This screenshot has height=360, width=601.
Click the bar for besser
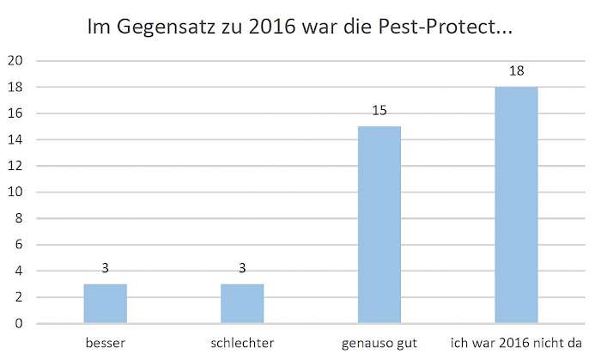(106, 303)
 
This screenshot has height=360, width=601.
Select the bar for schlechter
(242, 303)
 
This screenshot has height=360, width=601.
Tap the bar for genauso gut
(379, 225)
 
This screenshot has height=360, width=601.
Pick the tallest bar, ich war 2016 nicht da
(516, 205)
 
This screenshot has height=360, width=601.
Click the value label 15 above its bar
(379, 112)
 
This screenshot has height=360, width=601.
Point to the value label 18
(516, 71)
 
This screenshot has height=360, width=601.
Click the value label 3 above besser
(106, 269)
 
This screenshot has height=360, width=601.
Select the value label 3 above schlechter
(242, 269)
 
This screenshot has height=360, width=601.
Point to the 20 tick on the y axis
(15, 61)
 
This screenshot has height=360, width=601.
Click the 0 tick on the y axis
(19, 324)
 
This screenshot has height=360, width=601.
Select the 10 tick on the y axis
(15, 192)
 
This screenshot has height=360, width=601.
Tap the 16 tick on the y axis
(15, 113)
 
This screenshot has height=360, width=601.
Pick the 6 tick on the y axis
(19, 245)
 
